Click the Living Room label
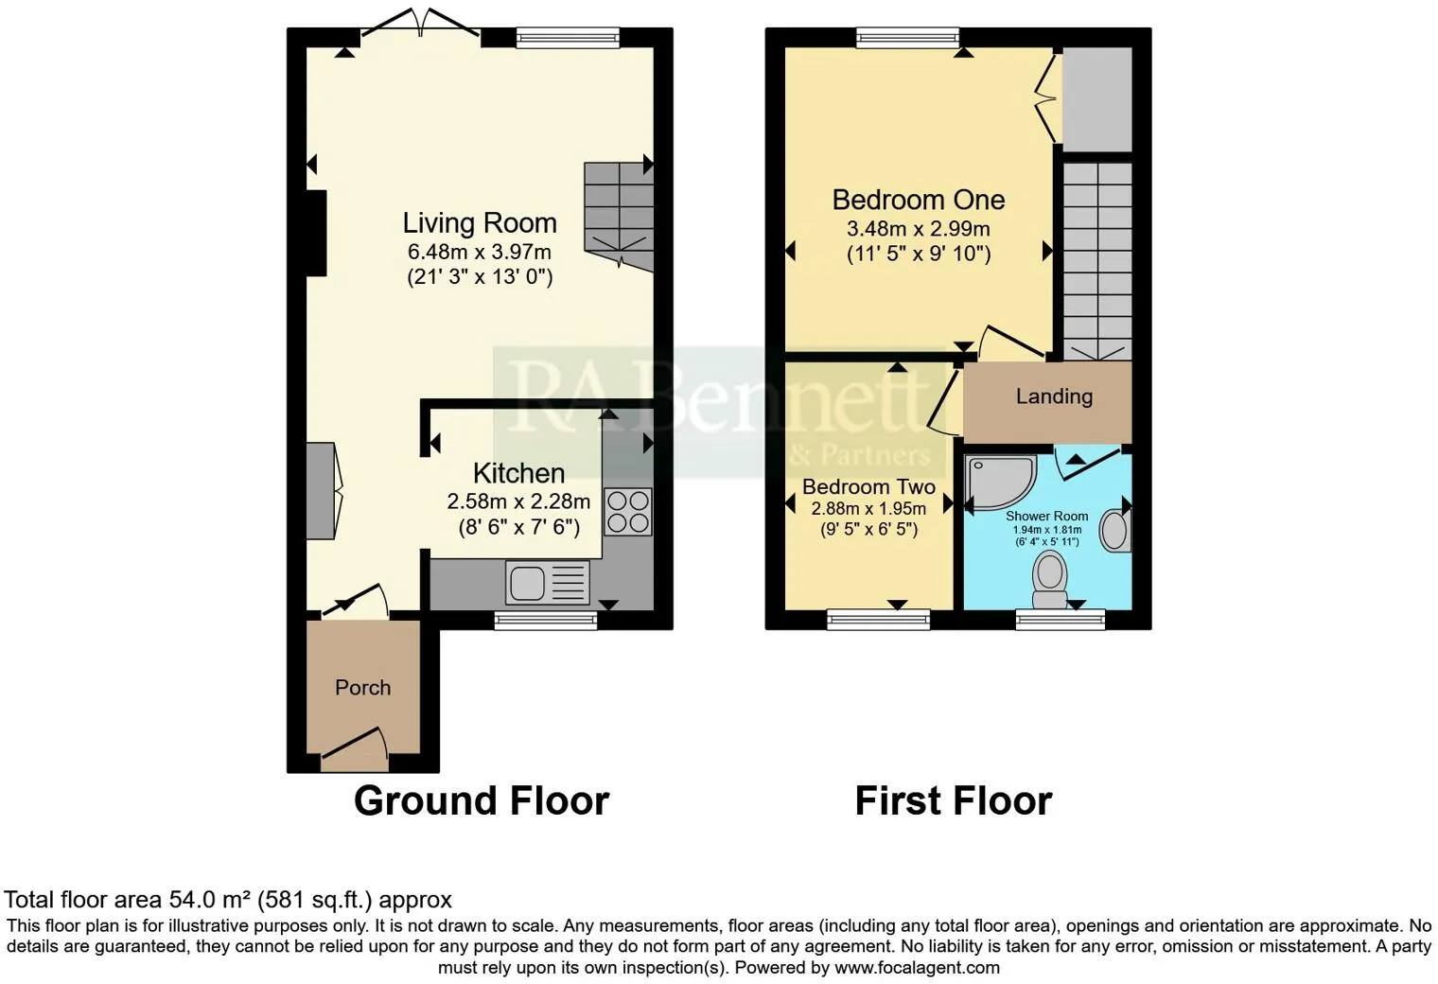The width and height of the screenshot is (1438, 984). coord(480,223)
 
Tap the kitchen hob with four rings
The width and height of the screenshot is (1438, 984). coord(628,512)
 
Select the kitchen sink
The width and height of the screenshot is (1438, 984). coord(547,583)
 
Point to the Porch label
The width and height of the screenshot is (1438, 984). coord(362,688)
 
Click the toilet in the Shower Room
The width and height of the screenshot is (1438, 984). coord(1049,581)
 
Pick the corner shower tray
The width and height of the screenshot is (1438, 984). coord(1001,482)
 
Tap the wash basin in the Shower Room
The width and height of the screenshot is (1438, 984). coord(1115,530)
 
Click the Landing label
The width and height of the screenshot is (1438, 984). coord(1054,396)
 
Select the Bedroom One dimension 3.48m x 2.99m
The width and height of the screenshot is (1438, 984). coord(918,229)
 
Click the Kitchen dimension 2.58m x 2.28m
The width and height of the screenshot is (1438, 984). coord(518,501)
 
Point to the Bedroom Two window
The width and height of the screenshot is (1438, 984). coord(878,620)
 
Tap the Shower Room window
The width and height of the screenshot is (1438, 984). coord(1061,620)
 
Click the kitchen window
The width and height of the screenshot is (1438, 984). coord(546,620)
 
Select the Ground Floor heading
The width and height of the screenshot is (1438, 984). coord(482,801)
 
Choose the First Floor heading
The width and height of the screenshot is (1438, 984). coord(954,801)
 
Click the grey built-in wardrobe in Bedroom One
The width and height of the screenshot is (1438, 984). coord(1097,99)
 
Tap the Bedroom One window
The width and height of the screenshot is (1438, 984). coord(908,37)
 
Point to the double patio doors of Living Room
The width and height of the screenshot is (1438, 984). coord(420,23)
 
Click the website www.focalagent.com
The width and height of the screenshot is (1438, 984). coord(917,967)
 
